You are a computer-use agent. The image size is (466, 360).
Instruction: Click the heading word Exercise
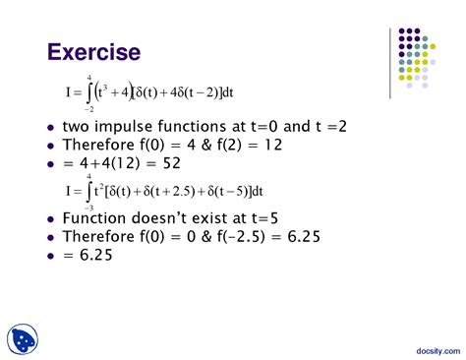point(94,51)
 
